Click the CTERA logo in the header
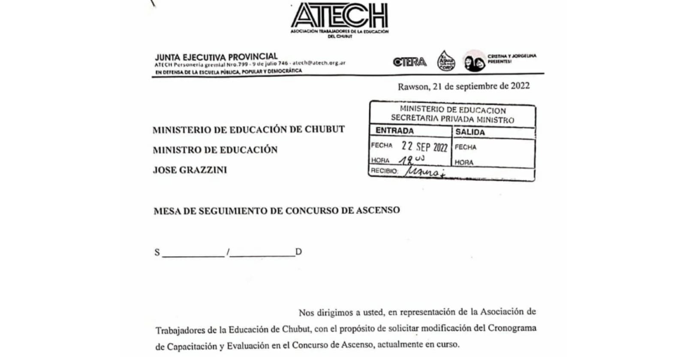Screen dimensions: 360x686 coord(409,62)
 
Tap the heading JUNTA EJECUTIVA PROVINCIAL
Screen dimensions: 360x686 coord(216,57)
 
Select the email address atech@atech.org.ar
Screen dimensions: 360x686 coord(319,63)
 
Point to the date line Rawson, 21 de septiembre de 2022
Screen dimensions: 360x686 coord(463,86)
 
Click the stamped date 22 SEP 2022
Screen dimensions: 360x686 coord(424,147)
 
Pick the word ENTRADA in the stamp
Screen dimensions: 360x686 coord(394,130)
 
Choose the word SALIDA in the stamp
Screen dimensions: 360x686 coord(470,132)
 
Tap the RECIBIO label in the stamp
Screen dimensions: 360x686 coord(384,171)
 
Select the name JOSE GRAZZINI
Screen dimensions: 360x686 coord(190,170)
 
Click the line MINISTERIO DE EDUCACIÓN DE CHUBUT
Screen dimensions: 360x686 coord(249,129)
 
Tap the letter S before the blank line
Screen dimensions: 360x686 coord(157,252)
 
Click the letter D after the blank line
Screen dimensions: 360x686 coord(298,252)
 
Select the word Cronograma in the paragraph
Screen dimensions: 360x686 coord(512,328)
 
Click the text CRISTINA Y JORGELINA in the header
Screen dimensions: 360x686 coord(511,56)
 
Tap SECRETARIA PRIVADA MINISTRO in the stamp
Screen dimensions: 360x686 coord(452,119)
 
